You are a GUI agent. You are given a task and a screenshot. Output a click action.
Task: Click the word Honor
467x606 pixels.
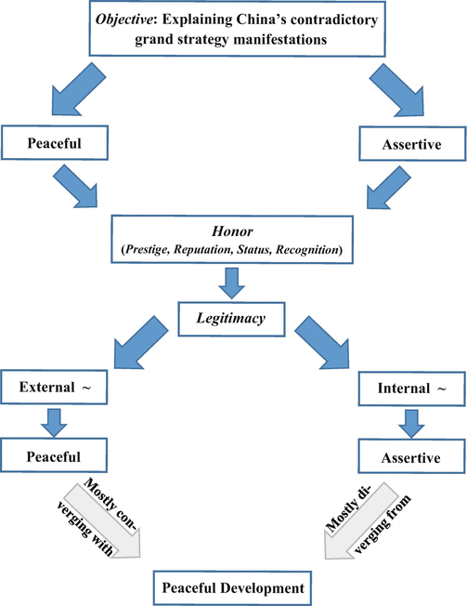231,232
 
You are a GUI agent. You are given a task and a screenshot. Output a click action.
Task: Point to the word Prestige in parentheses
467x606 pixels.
154,251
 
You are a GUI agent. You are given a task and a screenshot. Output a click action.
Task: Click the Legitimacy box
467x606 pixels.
231,319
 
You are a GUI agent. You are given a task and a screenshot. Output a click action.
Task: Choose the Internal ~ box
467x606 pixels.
409,387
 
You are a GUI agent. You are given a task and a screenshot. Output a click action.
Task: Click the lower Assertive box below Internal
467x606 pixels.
409,457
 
